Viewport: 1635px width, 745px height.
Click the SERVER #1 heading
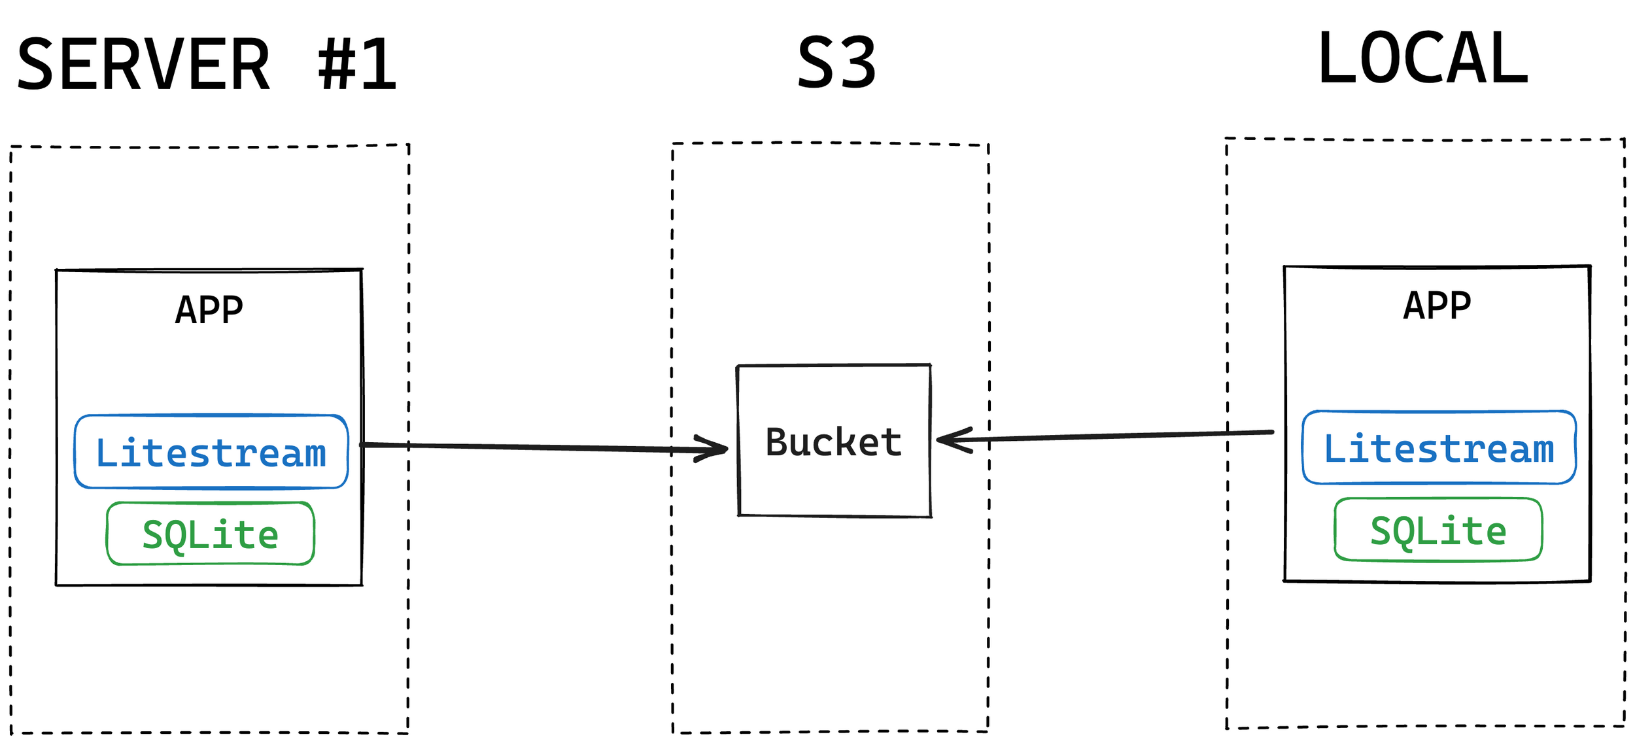(207, 65)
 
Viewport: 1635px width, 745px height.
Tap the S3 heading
(836, 63)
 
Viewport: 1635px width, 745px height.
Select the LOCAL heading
(1422, 60)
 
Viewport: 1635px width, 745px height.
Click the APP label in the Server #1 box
(209, 309)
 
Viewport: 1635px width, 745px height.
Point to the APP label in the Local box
(1437, 305)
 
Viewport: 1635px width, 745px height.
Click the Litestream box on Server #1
(211, 452)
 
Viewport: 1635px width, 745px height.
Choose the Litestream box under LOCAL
(1439, 448)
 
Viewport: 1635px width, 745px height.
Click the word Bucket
(833, 442)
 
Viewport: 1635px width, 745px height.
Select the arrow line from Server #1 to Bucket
(523, 447)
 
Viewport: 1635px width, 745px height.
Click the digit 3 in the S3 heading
(857, 63)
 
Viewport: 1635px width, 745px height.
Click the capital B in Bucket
(778, 442)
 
